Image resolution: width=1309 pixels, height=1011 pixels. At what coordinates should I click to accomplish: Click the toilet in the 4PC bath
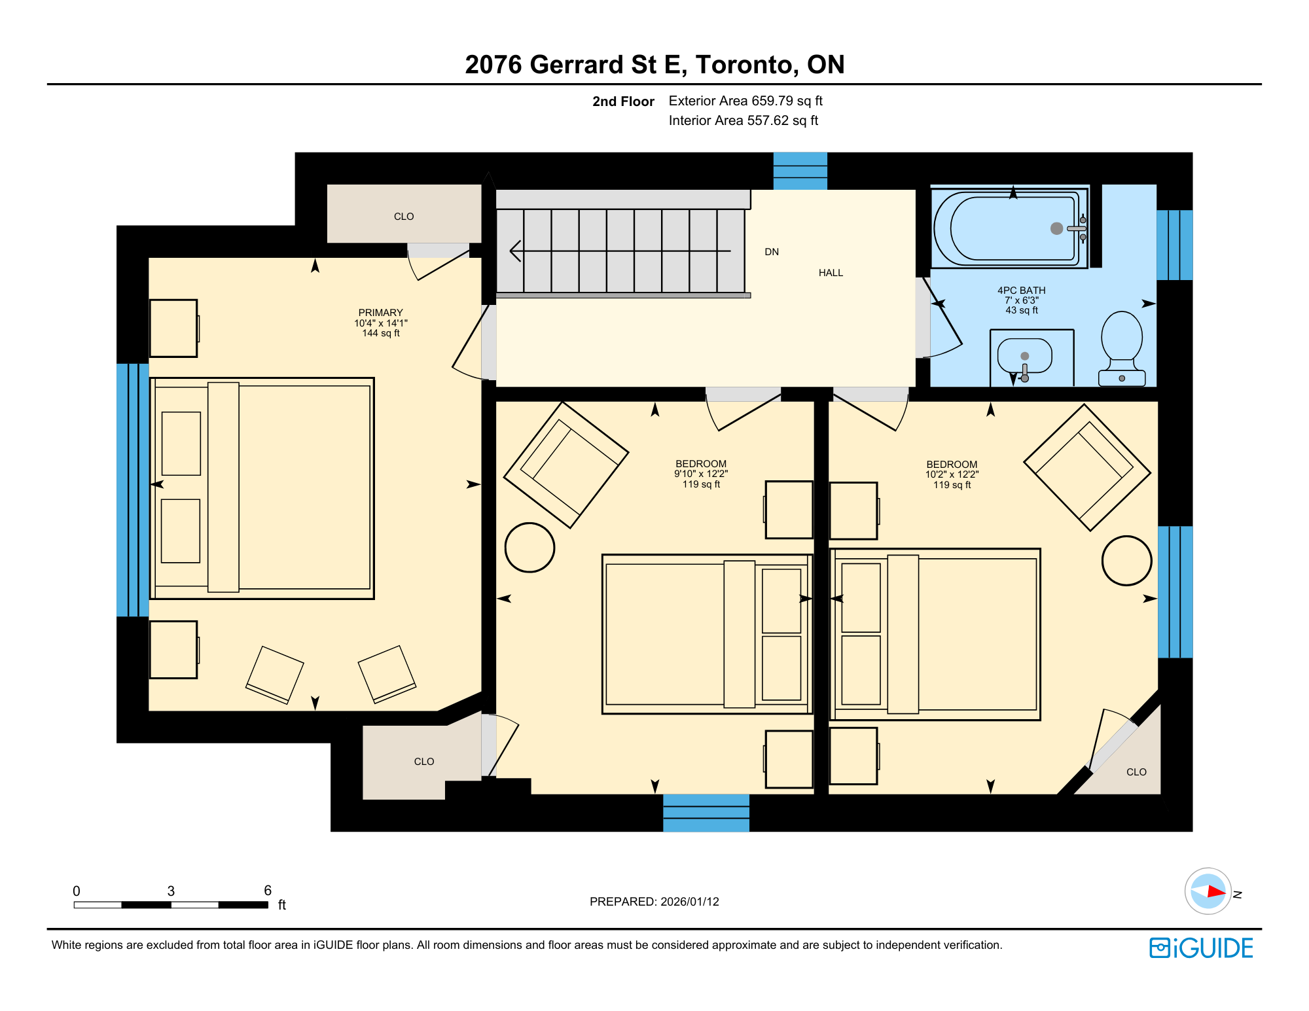(x=1122, y=349)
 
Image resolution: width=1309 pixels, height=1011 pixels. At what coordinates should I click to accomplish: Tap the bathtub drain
(x=1056, y=228)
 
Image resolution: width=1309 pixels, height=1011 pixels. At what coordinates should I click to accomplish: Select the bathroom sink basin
(x=1024, y=356)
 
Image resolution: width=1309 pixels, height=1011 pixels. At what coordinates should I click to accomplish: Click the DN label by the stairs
(x=772, y=252)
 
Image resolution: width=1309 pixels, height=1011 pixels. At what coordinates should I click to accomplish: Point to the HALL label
(x=831, y=273)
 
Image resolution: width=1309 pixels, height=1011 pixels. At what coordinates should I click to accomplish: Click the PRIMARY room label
(x=380, y=313)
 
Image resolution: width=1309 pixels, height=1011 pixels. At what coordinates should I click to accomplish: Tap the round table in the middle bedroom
(x=530, y=548)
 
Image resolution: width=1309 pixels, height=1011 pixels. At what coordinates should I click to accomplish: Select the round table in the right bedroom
(x=1126, y=561)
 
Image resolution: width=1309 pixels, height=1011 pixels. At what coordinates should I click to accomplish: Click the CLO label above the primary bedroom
(x=404, y=217)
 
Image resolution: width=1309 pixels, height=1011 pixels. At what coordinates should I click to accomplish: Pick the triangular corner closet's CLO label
(x=1136, y=772)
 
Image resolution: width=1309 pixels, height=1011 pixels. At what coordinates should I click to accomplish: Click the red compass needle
(x=1216, y=891)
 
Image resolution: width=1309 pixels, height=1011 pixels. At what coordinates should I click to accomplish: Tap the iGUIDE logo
(x=1201, y=948)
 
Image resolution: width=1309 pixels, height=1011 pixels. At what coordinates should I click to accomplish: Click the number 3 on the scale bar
(x=171, y=891)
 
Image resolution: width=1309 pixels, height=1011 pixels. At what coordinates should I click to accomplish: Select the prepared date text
(x=654, y=902)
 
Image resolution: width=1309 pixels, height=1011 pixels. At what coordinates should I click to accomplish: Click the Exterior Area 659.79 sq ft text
(x=745, y=101)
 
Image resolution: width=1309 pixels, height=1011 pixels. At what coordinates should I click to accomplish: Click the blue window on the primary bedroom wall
(x=133, y=490)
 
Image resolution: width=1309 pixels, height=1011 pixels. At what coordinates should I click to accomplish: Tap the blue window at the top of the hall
(x=800, y=171)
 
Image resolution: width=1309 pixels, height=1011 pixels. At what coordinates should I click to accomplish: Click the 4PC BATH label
(x=1021, y=291)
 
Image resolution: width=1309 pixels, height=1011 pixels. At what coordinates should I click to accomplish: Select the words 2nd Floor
(x=623, y=101)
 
